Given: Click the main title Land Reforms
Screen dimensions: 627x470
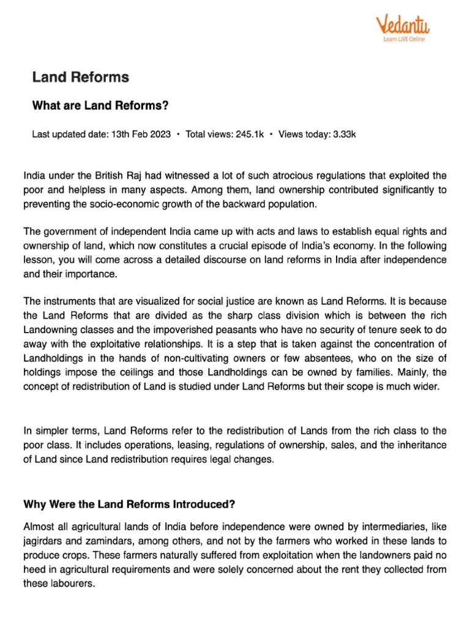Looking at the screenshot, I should [x=80, y=77].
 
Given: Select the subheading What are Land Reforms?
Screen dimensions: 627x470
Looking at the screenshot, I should [x=100, y=106].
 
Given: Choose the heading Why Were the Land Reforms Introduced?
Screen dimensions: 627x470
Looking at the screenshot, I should [x=129, y=505].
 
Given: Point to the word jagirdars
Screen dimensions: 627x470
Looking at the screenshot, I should [x=45, y=541].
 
